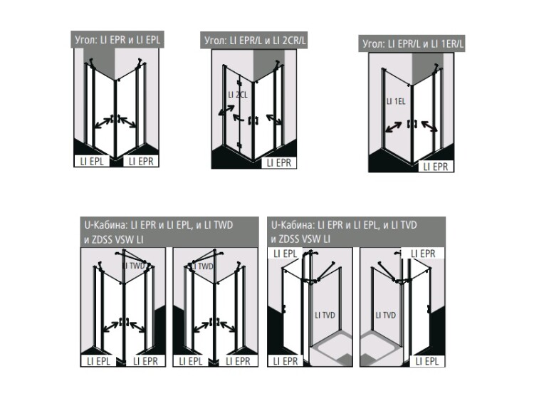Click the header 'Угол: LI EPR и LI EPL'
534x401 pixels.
(x=117, y=39)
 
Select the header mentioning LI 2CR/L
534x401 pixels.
(x=255, y=41)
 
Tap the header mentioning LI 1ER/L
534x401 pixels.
(x=413, y=44)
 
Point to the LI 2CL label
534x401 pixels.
(x=238, y=95)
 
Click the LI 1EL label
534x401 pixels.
(x=396, y=101)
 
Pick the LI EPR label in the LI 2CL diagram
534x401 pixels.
(x=279, y=163)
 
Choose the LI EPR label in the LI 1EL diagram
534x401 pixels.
(x=436, y=167)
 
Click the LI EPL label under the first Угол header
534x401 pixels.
(x=92, y=161)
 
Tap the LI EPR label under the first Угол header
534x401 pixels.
(x=141, y=161)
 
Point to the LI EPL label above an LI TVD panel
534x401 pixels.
(x=286, y=254)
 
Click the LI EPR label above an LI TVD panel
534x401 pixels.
(x=423, y=254)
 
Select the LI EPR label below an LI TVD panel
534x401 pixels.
(x=286, y=361)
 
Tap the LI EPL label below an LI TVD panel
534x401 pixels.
(x=427, y=361)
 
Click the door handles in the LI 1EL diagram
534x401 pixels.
(x=412, y=124)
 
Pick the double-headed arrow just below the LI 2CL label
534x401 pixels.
(x=226, y=110)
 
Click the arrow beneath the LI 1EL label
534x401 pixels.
(x=393, y=127)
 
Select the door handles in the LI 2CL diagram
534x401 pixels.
(x=253, y=120)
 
